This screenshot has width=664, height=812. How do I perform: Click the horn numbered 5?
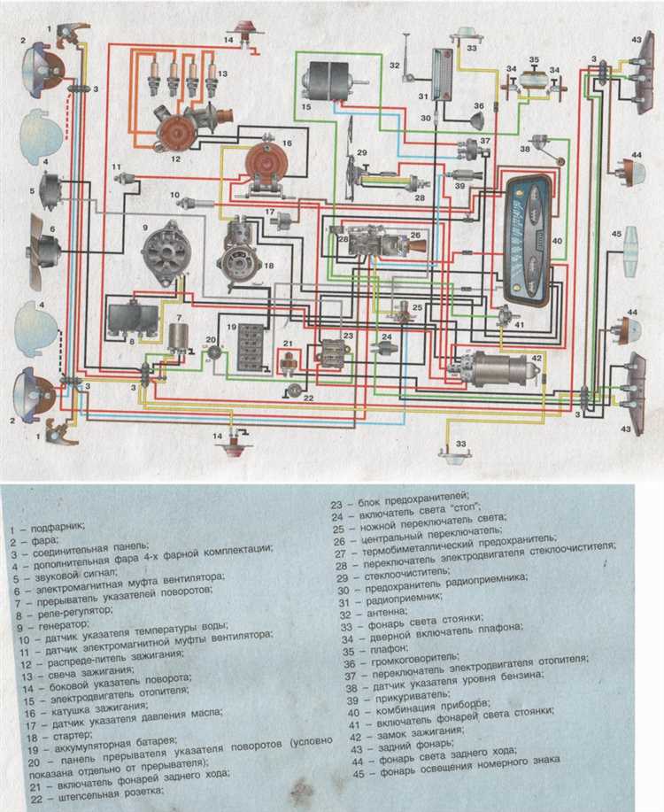[x=50, y=189]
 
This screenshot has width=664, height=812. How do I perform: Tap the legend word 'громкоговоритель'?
[x=407, y=661]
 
